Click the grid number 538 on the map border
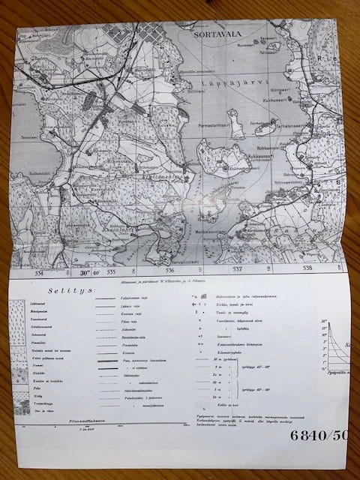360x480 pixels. click(306, 267)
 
